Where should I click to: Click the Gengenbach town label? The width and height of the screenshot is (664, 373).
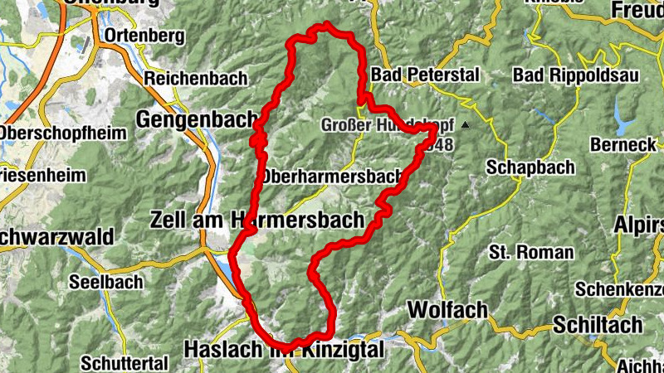tap(196, 119)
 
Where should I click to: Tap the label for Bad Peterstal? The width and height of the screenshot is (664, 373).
tap(426, 75)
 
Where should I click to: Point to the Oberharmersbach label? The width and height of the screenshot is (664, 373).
tap(331, 177)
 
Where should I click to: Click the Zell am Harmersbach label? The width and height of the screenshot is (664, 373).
tap(257, 220)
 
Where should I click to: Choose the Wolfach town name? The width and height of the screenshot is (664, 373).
tap(447, 310)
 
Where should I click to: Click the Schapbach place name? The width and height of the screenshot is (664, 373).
tap(531, 167)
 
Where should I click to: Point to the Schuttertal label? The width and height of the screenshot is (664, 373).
tap(124, 362)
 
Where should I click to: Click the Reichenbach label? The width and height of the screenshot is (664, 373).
tap(196, 79)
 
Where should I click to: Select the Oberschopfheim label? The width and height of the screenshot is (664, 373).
tap(63, 133)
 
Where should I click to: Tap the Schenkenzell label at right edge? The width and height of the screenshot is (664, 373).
tap(619, 289)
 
